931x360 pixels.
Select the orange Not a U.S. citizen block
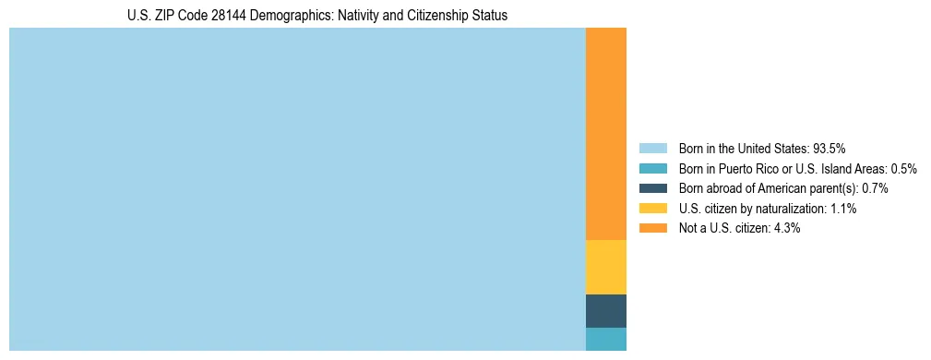[x=605, y=134]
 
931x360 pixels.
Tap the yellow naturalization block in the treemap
[x=605, y=267]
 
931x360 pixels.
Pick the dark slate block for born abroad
[x=605, y=311]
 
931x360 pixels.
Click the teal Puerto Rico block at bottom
[x=605, y=339]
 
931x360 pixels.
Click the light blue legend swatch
[x=652, y=148]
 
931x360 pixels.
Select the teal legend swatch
[x=652, y=168]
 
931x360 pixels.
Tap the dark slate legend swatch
[x=652, y=188]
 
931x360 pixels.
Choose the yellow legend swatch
[x=652, y=209]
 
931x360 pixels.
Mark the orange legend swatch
[x=652, y=229]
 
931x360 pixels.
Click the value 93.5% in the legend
[x=829, y=148]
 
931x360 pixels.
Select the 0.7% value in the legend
[x=874, y=188]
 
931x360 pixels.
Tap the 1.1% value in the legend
[x=841, y=209]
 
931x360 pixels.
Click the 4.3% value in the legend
[x=785, y=229]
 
